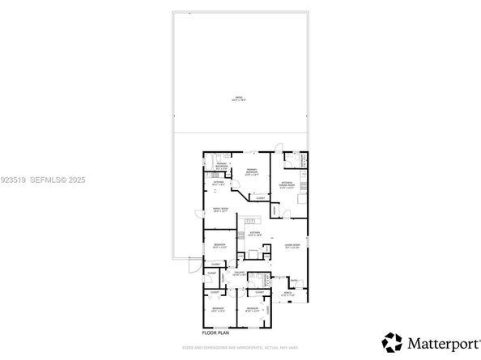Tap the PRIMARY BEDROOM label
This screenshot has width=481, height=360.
click(253, 172)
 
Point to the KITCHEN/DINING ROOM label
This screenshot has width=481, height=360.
click(287, 184)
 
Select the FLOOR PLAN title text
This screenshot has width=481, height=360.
click(216, 332)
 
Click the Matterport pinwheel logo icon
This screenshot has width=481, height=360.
click(393, 341)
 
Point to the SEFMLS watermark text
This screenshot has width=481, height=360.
click(56, 180)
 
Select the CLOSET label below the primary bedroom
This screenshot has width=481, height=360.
click(261, 197)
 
